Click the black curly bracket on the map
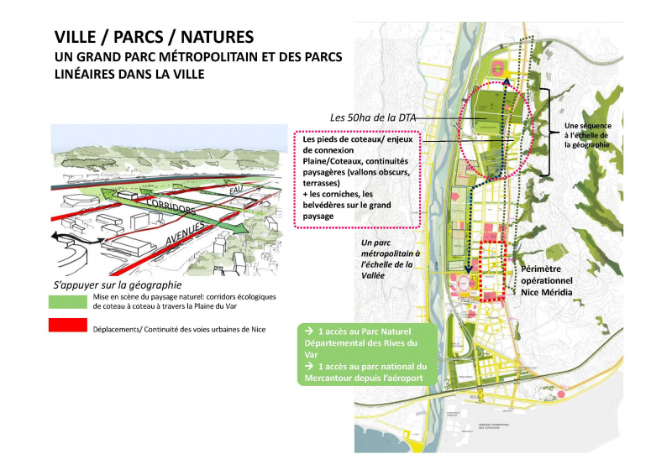pos(545,132)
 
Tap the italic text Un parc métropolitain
pos(382,259)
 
